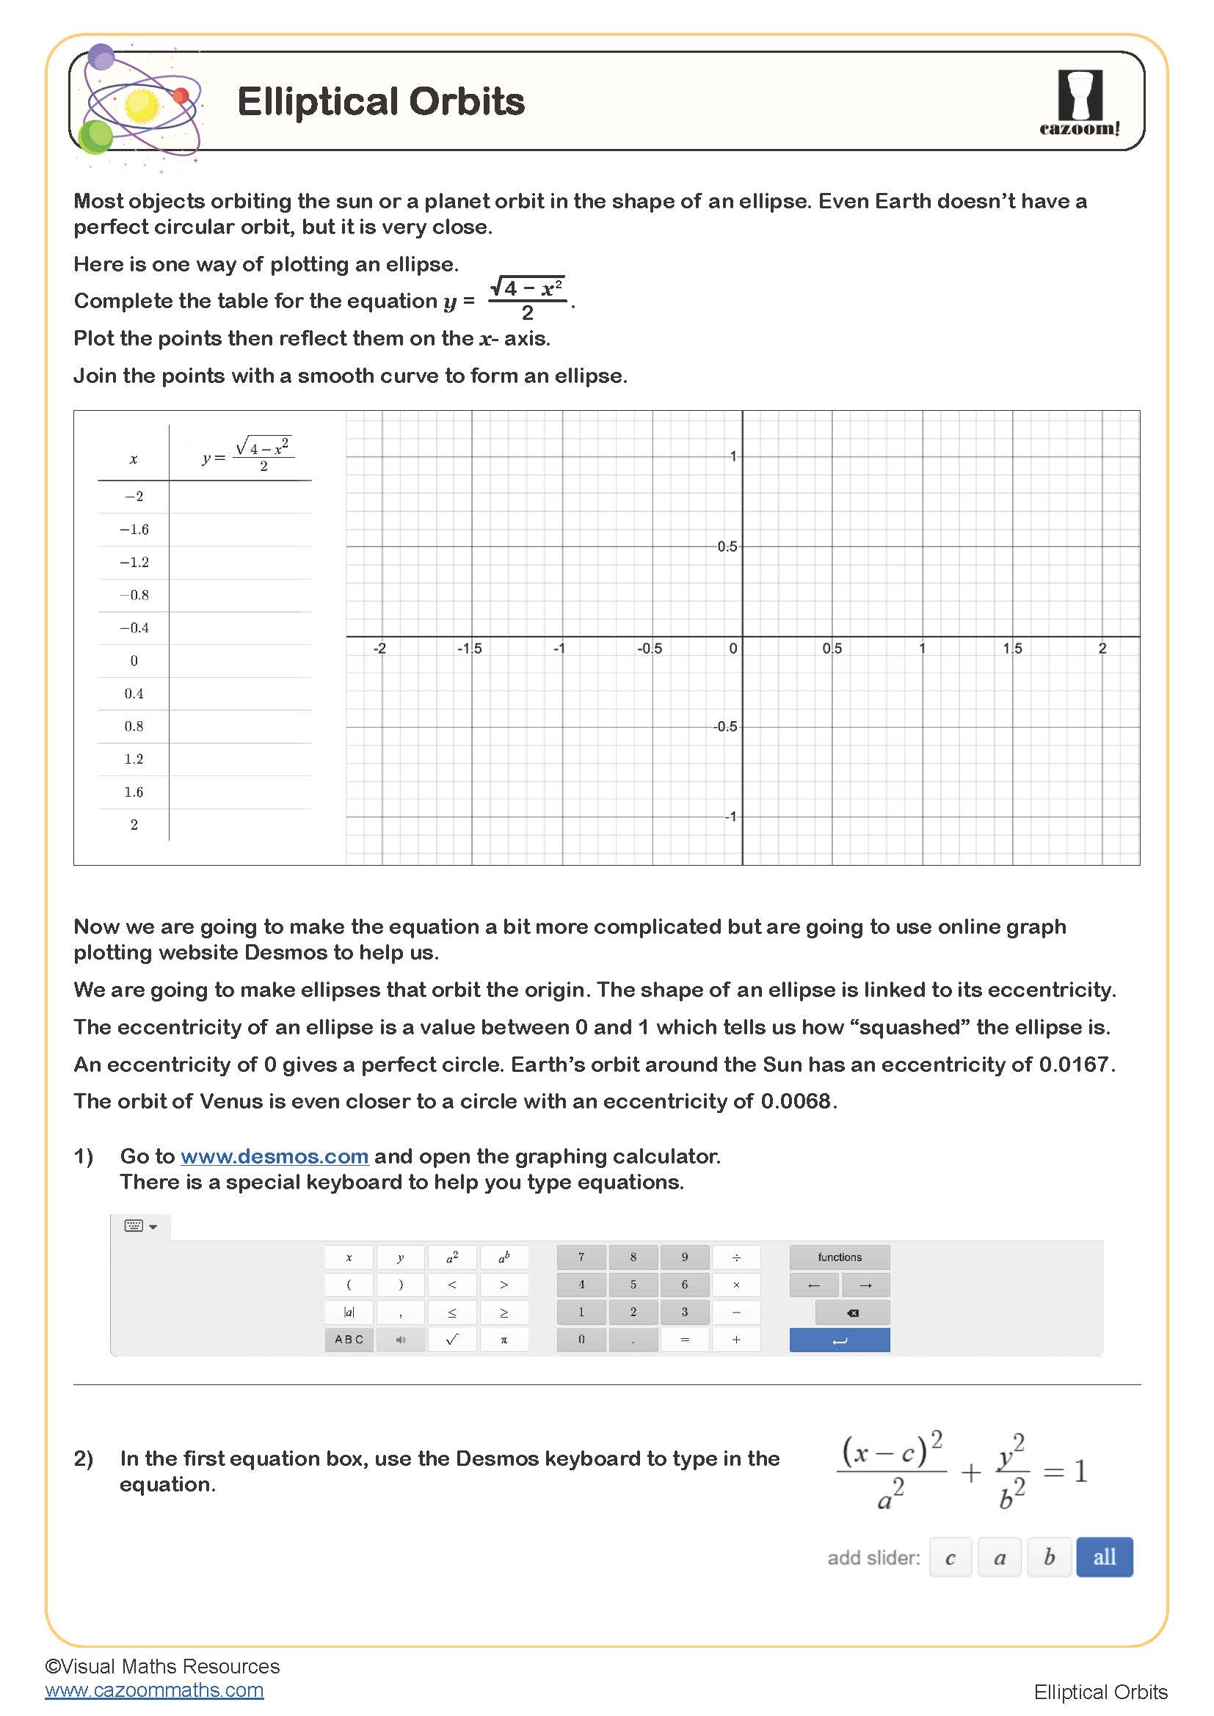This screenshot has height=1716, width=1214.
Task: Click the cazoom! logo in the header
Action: [1080, 103]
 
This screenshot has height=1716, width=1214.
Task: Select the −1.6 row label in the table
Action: [134, 529]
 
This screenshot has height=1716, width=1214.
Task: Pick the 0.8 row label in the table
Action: [134, 726]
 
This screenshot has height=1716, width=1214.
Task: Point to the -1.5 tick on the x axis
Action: [470, 648]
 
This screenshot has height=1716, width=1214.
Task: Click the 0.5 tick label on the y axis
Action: [727, 547]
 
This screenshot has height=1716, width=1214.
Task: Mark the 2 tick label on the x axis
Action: [1102, 648]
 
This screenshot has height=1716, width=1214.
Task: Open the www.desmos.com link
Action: [275, 1156]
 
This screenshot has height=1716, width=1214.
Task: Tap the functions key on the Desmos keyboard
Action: [840, 1257]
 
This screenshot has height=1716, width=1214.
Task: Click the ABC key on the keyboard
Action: [349, 1340]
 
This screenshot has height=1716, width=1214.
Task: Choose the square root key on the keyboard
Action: [451, 1340]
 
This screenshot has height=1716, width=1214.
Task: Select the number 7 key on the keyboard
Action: [581, 1257]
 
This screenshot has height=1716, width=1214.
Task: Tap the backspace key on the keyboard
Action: [852, 1312]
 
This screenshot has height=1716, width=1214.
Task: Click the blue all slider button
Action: [1104, 1557]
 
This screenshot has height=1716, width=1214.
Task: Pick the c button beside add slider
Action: [950, 1558]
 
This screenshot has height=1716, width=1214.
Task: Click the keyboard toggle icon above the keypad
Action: [139, 1226]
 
